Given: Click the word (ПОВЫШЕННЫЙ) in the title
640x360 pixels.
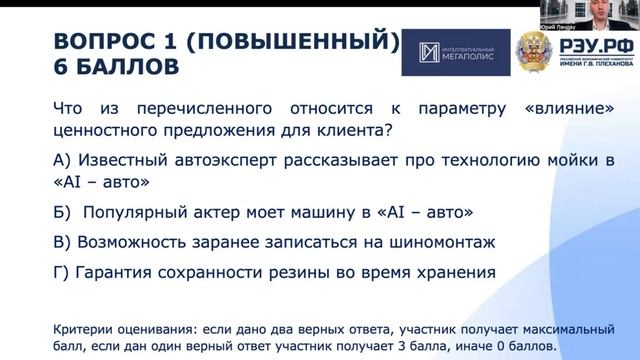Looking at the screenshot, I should coord(292,42).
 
